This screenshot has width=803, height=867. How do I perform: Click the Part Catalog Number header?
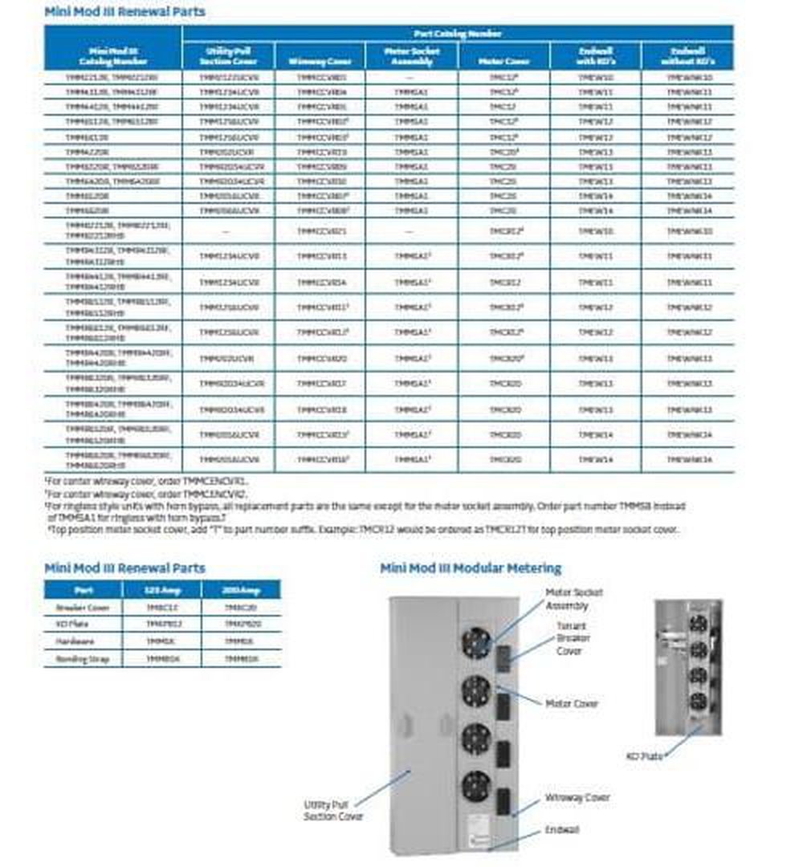[458, 34]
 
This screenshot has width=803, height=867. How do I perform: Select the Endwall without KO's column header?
[687, 55]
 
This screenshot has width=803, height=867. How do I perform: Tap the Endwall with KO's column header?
[595, 55]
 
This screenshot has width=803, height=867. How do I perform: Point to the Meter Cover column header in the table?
[504, 61]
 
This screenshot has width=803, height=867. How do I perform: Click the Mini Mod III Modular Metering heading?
[471, 568]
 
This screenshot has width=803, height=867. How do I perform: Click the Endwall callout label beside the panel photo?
[562, 829]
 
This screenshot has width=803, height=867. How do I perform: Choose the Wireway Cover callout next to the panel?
[577, 797]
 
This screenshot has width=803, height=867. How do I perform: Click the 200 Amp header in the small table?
[240, 589]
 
